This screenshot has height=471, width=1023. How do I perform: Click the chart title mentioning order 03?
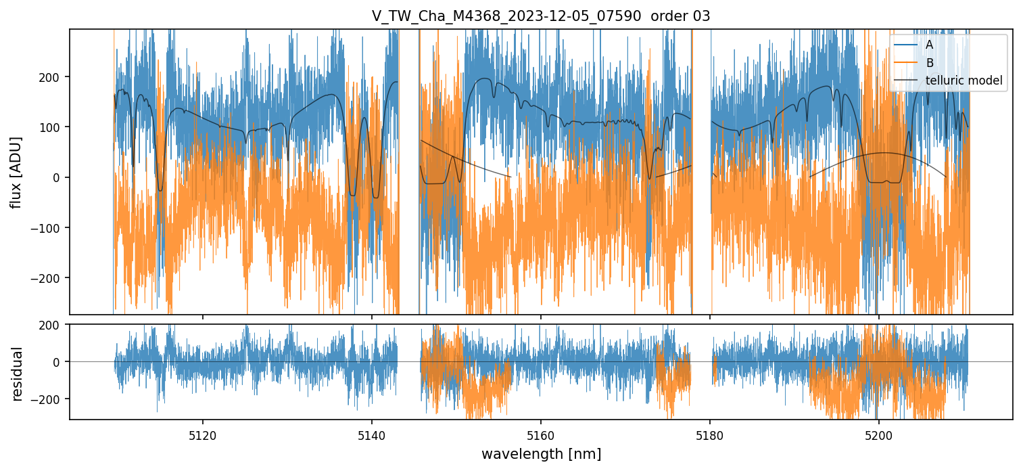540,16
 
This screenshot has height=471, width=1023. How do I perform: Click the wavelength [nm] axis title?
540,453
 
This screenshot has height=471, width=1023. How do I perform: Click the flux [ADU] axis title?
15,172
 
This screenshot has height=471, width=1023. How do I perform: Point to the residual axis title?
18,374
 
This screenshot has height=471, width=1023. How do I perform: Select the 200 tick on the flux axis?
53,77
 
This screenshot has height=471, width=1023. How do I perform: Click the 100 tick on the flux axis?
53,127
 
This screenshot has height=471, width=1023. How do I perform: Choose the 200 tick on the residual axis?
53,325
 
